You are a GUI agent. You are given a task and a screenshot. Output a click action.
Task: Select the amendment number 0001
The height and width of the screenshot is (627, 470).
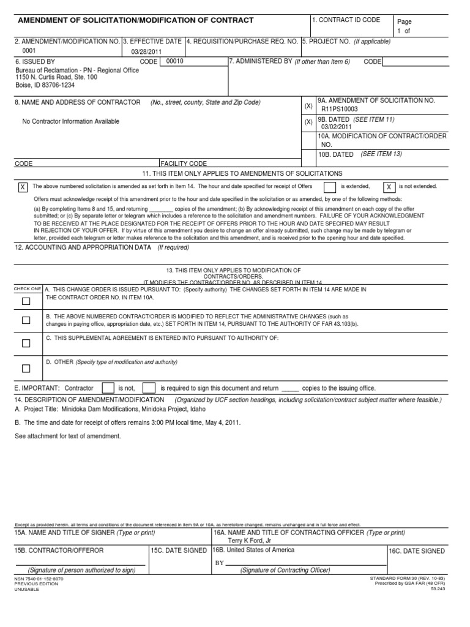pyautogui.click(x=29, y=51)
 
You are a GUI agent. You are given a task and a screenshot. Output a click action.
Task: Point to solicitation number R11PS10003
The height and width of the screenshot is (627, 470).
pyautogui.click(x=340, y=109)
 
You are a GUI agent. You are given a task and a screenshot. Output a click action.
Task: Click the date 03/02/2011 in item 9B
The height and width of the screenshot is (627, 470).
pyautogui.click(x=337, y=127)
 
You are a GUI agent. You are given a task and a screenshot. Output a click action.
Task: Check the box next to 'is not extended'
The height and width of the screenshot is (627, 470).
pyautogui.click(x=389, y=187)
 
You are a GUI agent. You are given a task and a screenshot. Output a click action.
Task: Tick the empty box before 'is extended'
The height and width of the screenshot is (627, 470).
pyautogui.click(x=329, y=187)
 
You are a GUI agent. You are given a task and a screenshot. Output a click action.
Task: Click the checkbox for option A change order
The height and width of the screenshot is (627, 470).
pyautogui.click(x=26, y=301)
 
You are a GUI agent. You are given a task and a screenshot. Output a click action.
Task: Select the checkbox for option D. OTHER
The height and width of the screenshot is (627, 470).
pyautogui.click(x=26, y=369)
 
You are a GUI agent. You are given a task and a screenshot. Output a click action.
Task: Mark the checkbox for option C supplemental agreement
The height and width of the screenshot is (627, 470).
pyautogui.click(x=26, y=344)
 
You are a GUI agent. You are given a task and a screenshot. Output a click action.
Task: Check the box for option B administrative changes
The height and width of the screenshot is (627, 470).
pyautogui.click(x=26, y=320)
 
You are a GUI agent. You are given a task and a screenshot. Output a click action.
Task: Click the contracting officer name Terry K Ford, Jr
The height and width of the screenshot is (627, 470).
pyautogui.click(x=249, y=541)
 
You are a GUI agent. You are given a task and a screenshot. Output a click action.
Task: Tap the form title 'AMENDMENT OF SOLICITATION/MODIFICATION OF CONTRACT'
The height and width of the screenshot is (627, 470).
pyautogui.click(x=136, y=20)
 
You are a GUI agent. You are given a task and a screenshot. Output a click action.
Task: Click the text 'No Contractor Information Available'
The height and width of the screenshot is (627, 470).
pyautogui.click(x=71, y=121)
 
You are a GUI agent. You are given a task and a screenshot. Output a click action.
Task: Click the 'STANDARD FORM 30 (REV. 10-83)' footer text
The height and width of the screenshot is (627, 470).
pyautogui.click(x=408, y=578)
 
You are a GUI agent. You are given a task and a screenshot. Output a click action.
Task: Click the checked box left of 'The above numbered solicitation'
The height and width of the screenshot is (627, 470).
pyautogui.click(x=23, y=187)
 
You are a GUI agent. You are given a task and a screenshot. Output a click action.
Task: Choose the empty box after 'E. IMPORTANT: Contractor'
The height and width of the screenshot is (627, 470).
pyautogui.click(x=108, y=388)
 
